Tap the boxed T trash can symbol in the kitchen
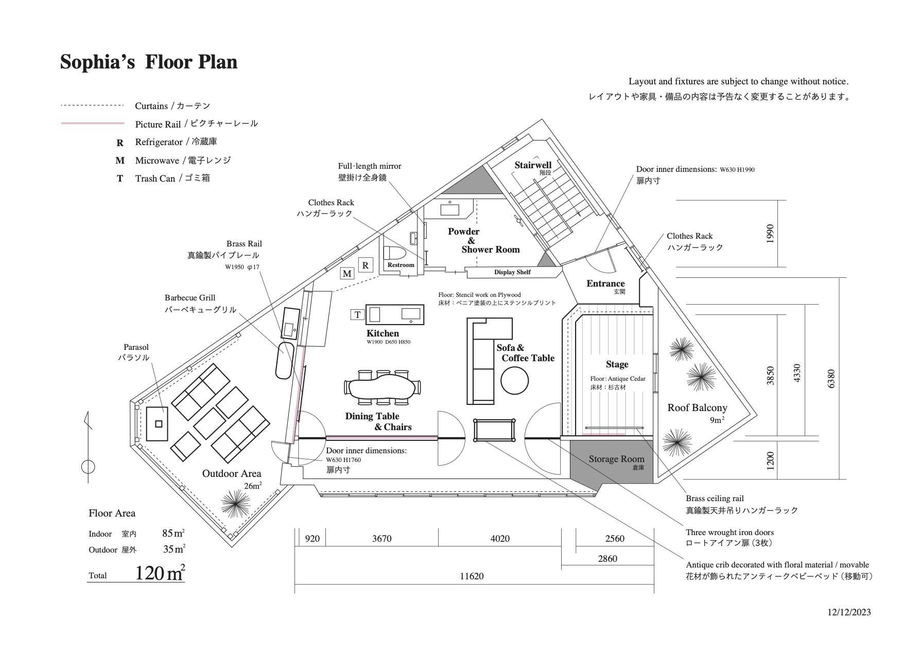pos(357,314)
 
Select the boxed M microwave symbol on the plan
pos(347,273)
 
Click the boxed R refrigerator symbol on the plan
pos(365,265)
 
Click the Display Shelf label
pos(512,272)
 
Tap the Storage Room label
pos(616,459)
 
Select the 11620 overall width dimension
pos(472,576)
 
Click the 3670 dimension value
pos(381,539)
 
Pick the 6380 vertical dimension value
pos(831,379)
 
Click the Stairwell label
pos(533,165)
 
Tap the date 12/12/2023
pos(849,612)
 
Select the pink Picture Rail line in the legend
pos(93,123)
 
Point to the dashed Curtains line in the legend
pos(93,105)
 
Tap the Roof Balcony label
pos(697,408)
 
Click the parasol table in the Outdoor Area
pos(157,423)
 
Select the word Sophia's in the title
pos(98,62)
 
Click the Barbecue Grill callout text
pos(190,298)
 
